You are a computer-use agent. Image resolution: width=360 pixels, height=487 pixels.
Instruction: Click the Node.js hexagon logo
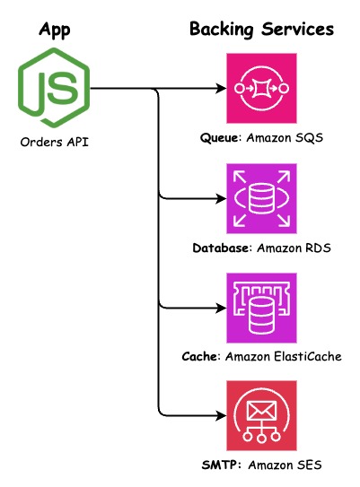coord(55,89)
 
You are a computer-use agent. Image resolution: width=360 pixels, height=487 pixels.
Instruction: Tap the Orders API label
coord(55,141)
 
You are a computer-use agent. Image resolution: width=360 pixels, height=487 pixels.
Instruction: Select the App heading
coord(55,30)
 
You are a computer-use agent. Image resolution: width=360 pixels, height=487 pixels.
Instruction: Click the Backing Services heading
coord(261,30)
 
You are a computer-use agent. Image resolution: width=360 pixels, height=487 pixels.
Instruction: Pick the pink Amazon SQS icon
coord(261,89)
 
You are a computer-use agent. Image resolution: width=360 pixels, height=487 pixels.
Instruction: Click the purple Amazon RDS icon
coord(261,197)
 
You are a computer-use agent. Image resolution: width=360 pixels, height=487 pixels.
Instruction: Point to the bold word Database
coord(221,248)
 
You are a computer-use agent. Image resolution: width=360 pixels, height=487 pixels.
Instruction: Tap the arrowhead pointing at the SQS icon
coord(220,89)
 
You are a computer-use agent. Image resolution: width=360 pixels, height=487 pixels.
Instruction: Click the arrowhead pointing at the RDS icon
coord(220,197)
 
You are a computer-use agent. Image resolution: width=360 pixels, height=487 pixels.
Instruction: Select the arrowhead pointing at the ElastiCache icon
coord(220,307)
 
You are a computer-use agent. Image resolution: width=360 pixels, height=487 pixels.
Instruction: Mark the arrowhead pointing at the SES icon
coord(220,416)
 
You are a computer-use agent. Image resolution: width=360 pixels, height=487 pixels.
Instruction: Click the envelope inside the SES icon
coord(261,408)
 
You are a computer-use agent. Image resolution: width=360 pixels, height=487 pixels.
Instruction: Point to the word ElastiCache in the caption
coord(305,357)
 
